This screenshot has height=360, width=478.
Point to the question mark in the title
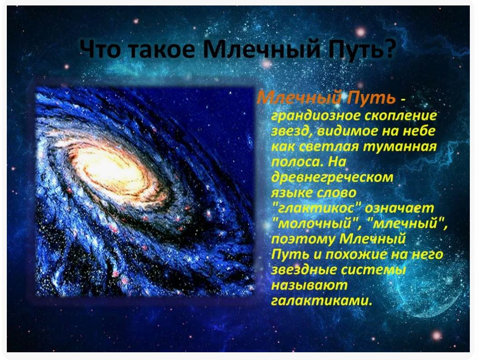pyautogui.click(x=387, y=49)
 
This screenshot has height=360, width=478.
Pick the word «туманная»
pyautogui.click(x=400, y=147)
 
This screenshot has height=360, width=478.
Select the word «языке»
pyautogui.click(x=292, y=193)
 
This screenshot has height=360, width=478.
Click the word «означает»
pyautogui.click(x=399, y=208)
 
